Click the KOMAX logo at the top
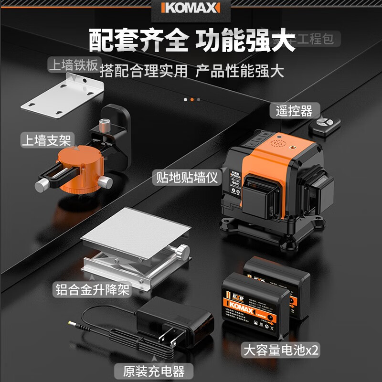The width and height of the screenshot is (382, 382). tap(191, 8)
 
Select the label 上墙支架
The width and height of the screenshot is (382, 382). tap(46, 140)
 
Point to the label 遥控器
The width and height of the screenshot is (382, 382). tap(294, 111)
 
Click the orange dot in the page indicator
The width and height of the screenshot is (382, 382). tap(192, 99)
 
